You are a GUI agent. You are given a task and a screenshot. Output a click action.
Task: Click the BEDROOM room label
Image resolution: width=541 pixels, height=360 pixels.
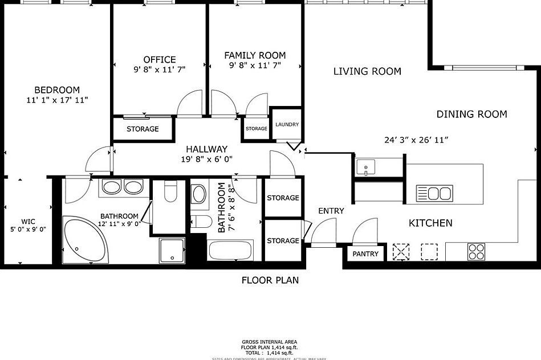coord(57,90)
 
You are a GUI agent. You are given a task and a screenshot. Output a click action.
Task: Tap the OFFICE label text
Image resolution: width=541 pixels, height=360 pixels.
coord(160,60)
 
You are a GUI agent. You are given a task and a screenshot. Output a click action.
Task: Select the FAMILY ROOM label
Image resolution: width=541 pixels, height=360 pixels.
coord(255,55)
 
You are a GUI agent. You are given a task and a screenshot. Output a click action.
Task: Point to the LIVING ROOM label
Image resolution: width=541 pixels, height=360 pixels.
coord(367,71)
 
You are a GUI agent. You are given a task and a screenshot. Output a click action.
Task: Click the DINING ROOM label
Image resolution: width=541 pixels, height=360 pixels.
coord(471,114)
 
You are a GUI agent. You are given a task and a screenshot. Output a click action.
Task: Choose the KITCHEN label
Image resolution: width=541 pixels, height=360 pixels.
coord(430,223)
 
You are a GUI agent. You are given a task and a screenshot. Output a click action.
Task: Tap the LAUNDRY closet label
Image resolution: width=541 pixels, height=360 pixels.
coord(287,125)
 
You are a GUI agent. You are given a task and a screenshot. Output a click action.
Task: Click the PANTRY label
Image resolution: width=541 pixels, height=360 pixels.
coord(365,253)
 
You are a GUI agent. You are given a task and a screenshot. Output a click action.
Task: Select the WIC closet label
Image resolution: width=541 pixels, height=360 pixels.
coord(28,221)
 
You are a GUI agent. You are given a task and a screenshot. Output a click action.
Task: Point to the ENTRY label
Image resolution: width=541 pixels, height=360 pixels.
coord(331,211)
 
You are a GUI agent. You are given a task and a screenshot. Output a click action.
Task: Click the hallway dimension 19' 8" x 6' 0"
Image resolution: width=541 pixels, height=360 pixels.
coord(206,159)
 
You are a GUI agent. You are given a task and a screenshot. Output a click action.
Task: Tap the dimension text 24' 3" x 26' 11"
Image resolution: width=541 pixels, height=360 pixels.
coord(417,140)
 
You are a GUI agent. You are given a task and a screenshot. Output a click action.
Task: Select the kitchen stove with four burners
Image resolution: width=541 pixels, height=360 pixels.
coord(476,251)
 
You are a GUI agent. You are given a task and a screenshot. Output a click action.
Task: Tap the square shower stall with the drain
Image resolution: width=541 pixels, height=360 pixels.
coord(171,251)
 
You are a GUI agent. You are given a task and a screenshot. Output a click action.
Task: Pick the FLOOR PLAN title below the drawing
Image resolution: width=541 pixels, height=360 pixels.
coord(270,280)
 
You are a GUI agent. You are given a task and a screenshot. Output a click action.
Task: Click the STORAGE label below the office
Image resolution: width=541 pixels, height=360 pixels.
coord(143,129)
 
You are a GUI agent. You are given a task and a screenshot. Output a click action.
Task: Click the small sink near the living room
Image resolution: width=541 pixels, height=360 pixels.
coord(365,167)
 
